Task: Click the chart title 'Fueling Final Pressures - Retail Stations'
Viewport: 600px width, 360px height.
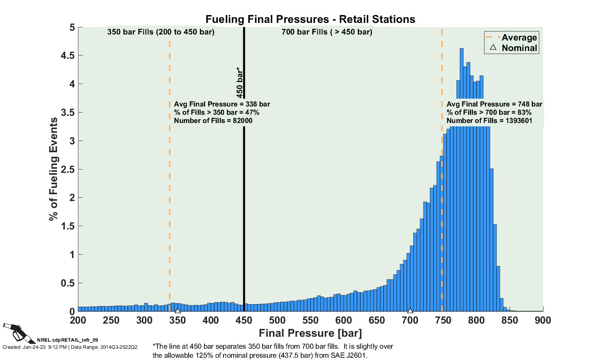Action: (x=310, y=19)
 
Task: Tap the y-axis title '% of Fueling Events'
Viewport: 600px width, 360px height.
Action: (x=54, y=169)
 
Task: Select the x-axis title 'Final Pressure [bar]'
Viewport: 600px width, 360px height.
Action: (x=310, y=333)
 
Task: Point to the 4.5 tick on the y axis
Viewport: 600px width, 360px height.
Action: (x=68, y=55)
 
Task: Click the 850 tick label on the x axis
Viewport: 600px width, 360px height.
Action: (x=510, y=320)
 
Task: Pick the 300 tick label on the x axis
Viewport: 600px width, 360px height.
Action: (x=144, y=320)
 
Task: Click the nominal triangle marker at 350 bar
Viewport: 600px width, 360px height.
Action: (x=178, y=310)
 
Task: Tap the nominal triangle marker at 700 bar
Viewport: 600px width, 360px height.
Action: (x=410, y=310)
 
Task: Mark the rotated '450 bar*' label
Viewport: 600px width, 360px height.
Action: (x=240, y=83)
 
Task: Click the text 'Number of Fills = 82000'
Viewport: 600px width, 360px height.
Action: (x=213, y=121)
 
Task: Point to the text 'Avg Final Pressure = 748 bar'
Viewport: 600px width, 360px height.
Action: (x=494, y=104)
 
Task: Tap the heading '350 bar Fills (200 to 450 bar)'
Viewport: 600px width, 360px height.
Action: (x=161, y=32)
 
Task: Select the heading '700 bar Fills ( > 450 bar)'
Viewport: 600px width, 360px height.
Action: (x=327, y=32)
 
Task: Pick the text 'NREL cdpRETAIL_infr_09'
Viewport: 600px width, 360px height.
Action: (x=67, y=340)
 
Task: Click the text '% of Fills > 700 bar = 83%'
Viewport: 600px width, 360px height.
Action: (x=489, y=112)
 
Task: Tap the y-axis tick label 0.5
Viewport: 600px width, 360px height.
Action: (x=68, y=283)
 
